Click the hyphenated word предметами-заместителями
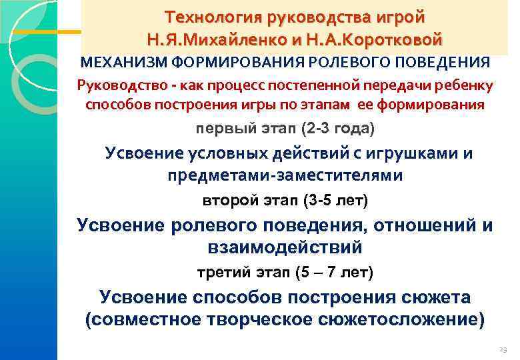coord(285,175)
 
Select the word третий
coord(224,273)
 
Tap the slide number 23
coord(503,349)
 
